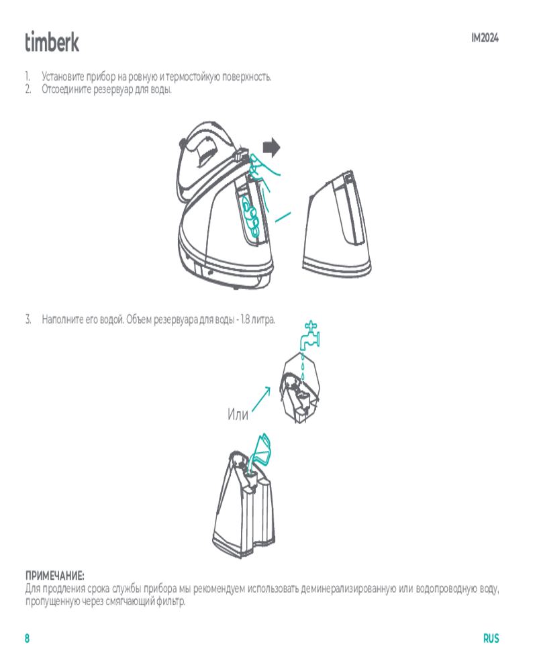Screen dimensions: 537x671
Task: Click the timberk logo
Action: coord(52,42)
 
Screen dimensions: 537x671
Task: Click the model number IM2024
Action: coord(485,38)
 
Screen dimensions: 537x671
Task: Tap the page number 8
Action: coord(27,638)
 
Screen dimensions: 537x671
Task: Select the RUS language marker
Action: coord(491,638)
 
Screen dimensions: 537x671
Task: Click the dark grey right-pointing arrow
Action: coord(271,147)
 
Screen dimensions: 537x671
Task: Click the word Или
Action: coord(238,414)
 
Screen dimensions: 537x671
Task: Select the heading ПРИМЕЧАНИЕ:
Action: coord(55,576)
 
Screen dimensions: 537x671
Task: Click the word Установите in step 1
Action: coord(62,76)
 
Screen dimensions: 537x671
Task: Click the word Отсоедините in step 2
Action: coord(66,89)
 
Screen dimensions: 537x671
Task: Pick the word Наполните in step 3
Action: coord(62,319)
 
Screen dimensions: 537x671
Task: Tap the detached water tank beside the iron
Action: coord(336,223)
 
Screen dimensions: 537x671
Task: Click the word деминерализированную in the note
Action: coord(348,589)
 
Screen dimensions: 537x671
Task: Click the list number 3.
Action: coord(28,319)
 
